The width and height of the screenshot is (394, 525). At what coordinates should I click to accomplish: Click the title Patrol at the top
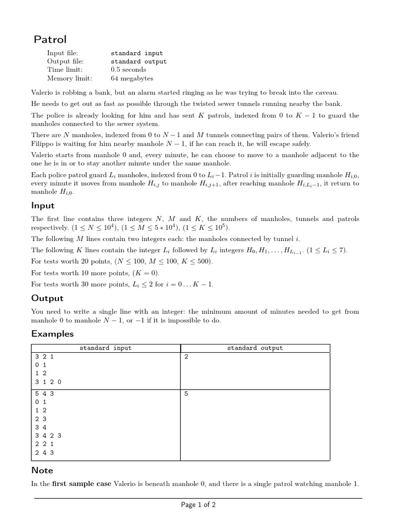(x=50, y=39)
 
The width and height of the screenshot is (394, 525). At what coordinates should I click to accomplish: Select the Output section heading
(x=47, y=298)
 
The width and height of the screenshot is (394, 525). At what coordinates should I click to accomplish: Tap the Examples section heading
(x=52, y=334)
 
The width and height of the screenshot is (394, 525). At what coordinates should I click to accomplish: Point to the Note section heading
(x=42, y=470)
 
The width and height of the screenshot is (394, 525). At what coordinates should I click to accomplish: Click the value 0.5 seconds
(x=128, y=70)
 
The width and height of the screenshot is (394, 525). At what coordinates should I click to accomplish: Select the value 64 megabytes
(x=132, y=78)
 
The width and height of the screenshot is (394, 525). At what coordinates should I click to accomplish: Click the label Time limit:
(x=65, y=70)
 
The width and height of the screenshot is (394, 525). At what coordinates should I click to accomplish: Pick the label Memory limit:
(x=70, y=78)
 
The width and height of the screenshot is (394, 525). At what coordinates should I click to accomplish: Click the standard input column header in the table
(x=105, y=348)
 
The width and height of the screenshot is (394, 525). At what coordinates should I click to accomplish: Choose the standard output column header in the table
(x=255, y=348)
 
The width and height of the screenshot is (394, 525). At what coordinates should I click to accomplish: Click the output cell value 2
(x=186, y=357)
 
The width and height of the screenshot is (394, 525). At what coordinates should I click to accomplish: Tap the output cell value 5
(x=186, y=393)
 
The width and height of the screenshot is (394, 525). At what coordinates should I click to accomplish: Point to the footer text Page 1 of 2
(x=198, y=505)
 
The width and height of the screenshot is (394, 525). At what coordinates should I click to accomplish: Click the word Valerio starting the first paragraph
(x=43, y=92)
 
